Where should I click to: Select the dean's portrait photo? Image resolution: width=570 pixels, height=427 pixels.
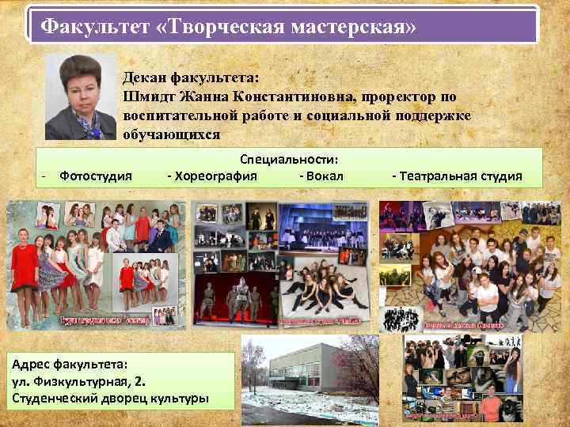[80, 97]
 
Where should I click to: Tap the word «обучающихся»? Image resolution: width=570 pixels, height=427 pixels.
[172, 135]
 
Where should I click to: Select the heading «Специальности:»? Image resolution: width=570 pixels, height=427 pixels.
[289, 159]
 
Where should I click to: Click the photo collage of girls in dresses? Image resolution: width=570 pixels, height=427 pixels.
[96, 265]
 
